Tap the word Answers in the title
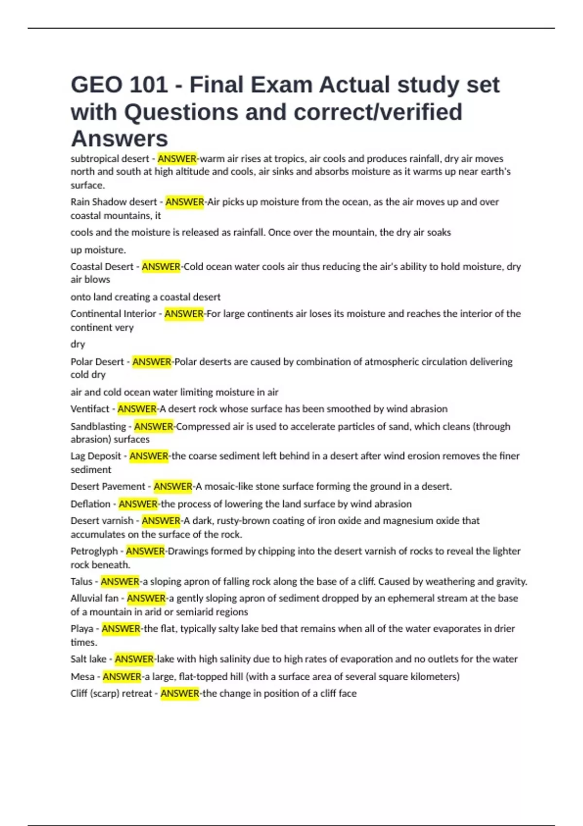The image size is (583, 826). [x=120, y=139]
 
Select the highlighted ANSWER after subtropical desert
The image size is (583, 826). [x=177, y=159]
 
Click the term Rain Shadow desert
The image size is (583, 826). [x=114, y=202]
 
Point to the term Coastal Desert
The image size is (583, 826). [x=102, y=267]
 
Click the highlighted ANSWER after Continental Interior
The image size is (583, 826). [x=184, y=314]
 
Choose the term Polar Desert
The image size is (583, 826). [x=97, y=362]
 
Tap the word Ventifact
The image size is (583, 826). [x=90, y=409]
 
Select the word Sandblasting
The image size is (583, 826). [x=98, y=427]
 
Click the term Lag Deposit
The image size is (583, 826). [x=96, y=456]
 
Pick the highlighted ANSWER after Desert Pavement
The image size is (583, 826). [x=173, y=486]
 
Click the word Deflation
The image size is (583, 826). [x=90, y=504]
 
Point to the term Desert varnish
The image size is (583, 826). [x=102, y=521]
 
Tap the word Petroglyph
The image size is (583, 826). [x=94, y=551]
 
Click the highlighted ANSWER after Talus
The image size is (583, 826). [x=120, y=582]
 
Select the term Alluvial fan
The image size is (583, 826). [x=94, y=598]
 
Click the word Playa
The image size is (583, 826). [x=82, y=629]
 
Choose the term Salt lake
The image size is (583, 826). [x=88, y=659]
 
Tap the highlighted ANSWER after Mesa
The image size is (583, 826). [x=122, y=677]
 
